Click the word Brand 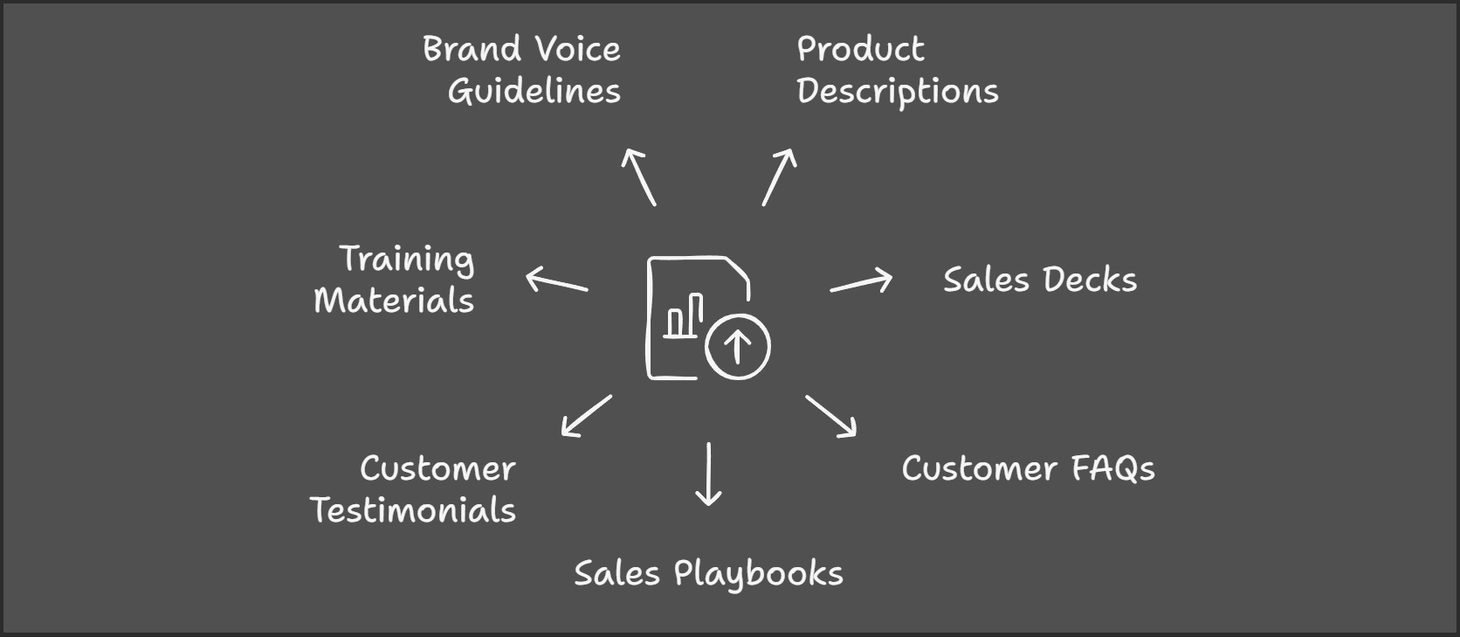coord(472,49)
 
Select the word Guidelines coord(534,92)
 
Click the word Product coord(860,49)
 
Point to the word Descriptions coord(897,92)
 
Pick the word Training coord(407,260)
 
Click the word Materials coord(394,301)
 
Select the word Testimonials coord(413,510)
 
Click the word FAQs coord(1112,469)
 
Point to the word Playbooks coord(758,574)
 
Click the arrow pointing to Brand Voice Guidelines coord(638,177)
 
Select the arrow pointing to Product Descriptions coord(779,177)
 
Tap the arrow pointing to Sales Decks coord(861,282)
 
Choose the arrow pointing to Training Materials coord(557,280)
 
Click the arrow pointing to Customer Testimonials coord(586,415)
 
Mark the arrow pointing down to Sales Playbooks coord(708,474)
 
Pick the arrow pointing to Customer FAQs coord(831,415)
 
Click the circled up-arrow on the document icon coord(737,346)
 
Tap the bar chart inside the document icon coord(684,316)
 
